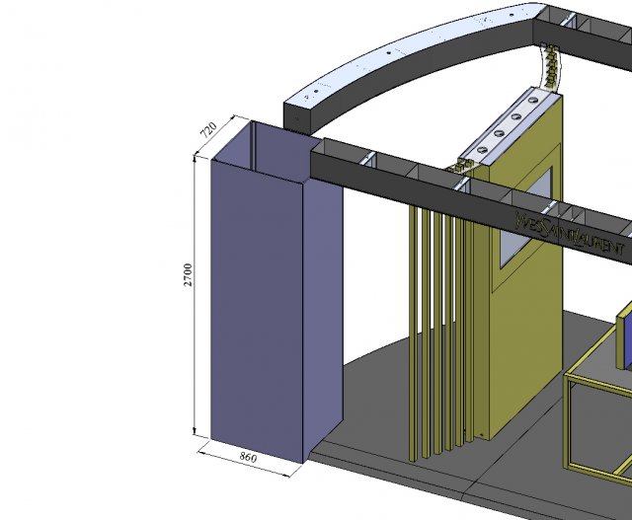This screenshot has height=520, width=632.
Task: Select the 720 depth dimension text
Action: [x=208, y=131]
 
